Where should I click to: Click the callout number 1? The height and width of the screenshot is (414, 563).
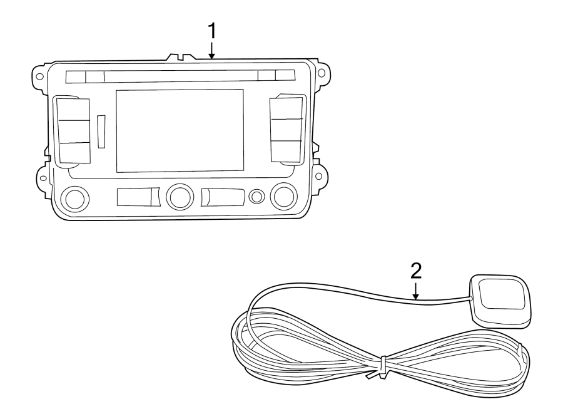pos(212,29)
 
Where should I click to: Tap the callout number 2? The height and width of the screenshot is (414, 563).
pos(416,271)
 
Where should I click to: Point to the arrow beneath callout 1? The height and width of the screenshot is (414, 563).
pos(212,50)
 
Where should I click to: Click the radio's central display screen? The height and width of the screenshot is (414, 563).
pos(180,130)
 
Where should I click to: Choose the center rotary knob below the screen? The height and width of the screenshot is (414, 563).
pos(180,196)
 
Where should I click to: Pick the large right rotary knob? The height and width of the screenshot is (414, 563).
pos(283,196)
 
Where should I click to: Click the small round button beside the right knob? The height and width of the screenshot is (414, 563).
pos(256,197)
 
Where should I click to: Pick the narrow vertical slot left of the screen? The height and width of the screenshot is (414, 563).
pos(101,131)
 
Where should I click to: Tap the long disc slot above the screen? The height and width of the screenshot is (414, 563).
pos(180,77)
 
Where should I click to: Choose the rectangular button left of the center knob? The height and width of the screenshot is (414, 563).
pos(138,198)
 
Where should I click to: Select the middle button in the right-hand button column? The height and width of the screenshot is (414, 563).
pos(285,130)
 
